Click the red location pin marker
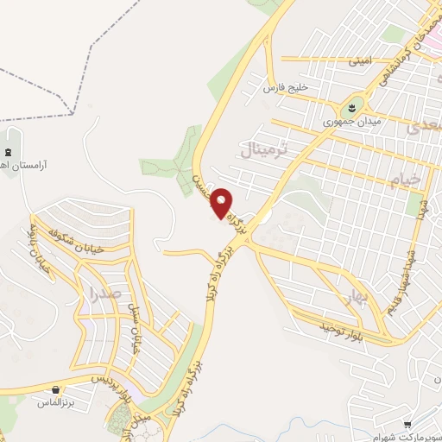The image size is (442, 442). click(223, 203)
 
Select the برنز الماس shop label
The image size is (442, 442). click(56, 403)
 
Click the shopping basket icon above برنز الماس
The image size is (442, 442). click(56, 390)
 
